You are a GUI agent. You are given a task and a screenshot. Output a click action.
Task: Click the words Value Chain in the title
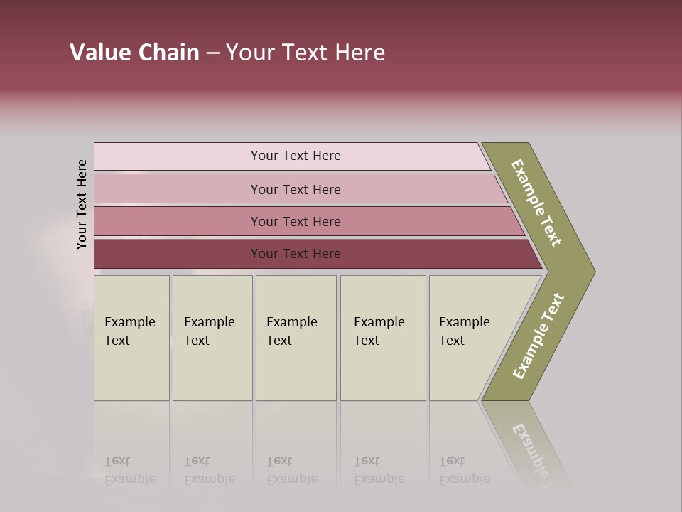tap(134, 53)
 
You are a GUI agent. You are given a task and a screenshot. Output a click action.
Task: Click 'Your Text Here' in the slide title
tap(305, 53)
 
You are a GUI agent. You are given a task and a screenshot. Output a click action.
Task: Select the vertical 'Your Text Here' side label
tap(82, 205)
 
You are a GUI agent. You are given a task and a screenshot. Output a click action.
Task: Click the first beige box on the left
tap(131, 370)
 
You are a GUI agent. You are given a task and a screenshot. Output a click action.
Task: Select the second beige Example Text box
tap(212, 370)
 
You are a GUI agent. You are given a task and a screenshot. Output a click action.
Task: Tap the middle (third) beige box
tap(296, 370)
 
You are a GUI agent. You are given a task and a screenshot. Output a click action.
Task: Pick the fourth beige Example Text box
tap(383, 370)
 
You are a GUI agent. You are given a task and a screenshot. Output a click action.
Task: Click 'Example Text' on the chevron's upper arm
tap(537, 203)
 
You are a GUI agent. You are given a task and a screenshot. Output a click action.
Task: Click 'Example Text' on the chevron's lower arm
tap(538, 336)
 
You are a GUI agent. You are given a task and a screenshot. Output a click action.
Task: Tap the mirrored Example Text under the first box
tap(129, 471)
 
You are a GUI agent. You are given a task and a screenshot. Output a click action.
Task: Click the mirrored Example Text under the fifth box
tap(464, 471)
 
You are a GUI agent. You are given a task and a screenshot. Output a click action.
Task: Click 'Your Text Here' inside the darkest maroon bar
tap(296, 254)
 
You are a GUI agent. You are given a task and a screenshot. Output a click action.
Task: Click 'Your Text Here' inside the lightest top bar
tap(296, 156)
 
